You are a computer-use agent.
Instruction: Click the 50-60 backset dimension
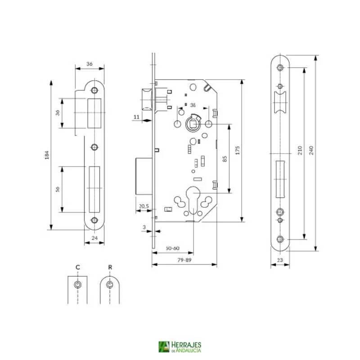point(172,248)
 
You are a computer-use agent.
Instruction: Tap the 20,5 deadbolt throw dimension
point(144,206)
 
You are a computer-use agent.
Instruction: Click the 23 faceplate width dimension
point(279,260)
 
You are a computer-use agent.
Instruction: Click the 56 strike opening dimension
point(58,189)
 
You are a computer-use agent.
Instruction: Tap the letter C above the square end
point(78,267)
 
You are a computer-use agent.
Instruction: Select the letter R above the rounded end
point(110,267)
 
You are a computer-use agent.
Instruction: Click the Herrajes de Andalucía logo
point(180,346)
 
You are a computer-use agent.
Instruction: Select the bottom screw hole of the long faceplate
point(280,239)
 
